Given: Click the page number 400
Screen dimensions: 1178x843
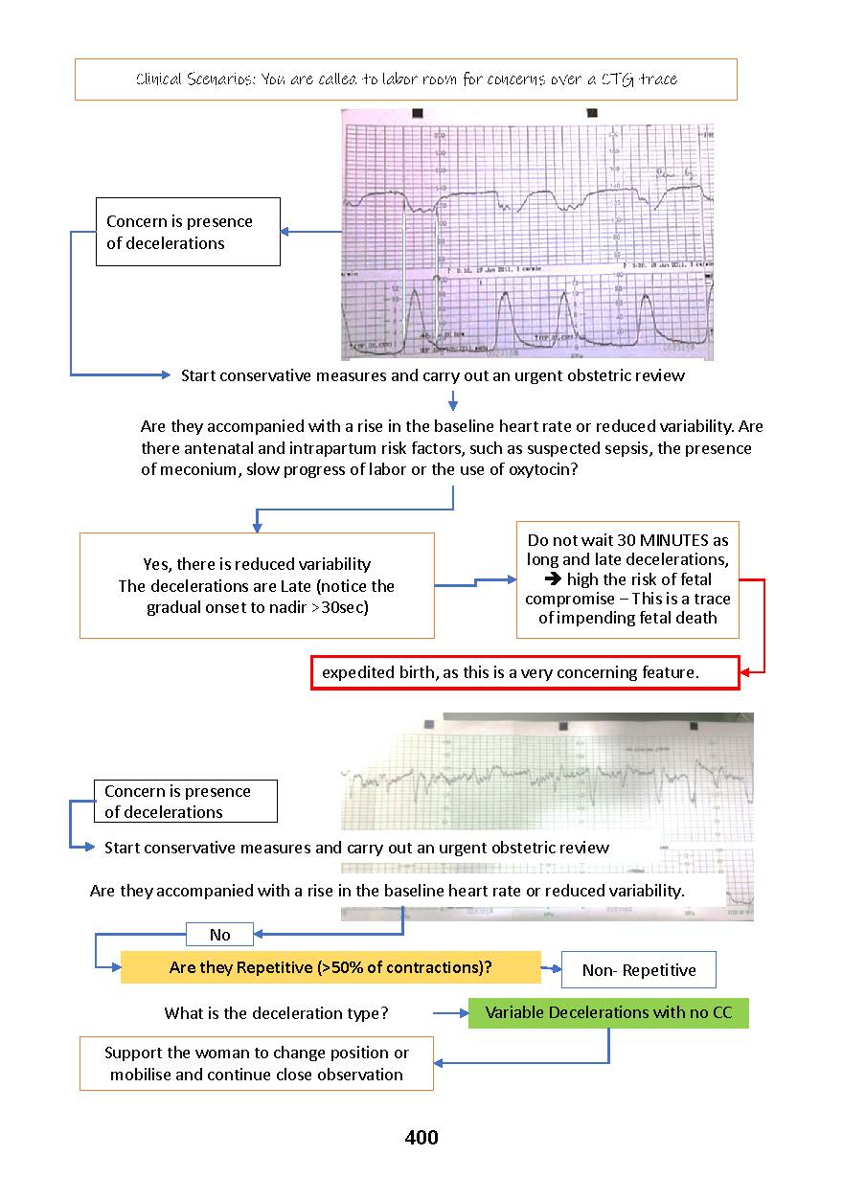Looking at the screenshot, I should tap(421, 1138).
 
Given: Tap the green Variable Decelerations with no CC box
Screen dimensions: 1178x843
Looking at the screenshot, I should tap(608, 1012).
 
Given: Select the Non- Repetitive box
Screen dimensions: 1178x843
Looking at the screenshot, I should tap(639, 970).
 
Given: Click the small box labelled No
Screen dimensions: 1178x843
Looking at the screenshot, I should tap(220, 934).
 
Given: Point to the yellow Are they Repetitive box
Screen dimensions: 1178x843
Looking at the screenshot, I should tap(330, 967).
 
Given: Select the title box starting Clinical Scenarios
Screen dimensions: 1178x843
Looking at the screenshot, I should tap(406, 79).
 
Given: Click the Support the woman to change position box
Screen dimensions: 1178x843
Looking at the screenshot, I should tap(257, 1063).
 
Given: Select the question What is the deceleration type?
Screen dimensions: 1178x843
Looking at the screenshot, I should tap(276, 1013).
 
